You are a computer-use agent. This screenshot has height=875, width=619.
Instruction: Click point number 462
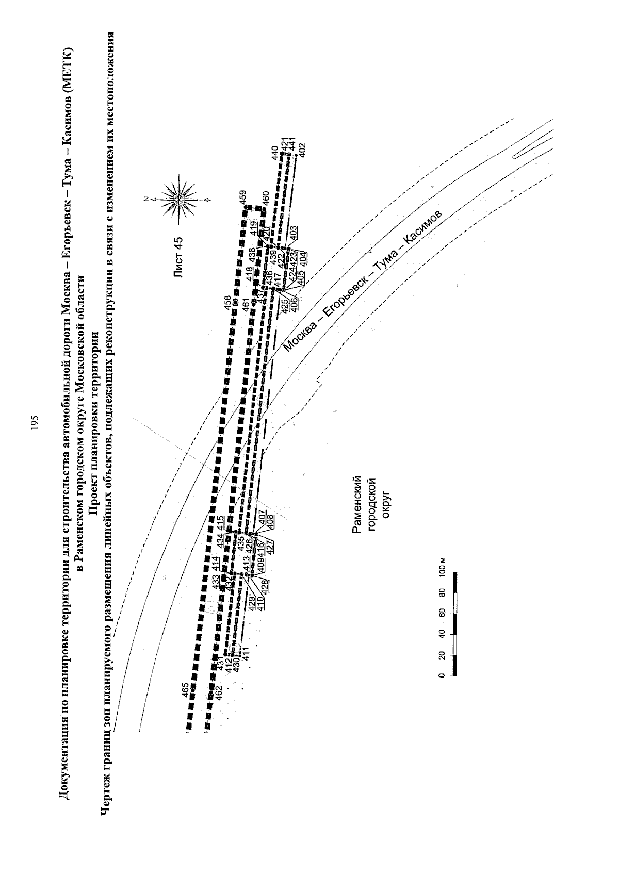[219, 692]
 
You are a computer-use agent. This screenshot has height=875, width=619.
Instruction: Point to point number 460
[266, 199]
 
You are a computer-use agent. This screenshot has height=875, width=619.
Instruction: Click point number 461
[247, 304]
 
